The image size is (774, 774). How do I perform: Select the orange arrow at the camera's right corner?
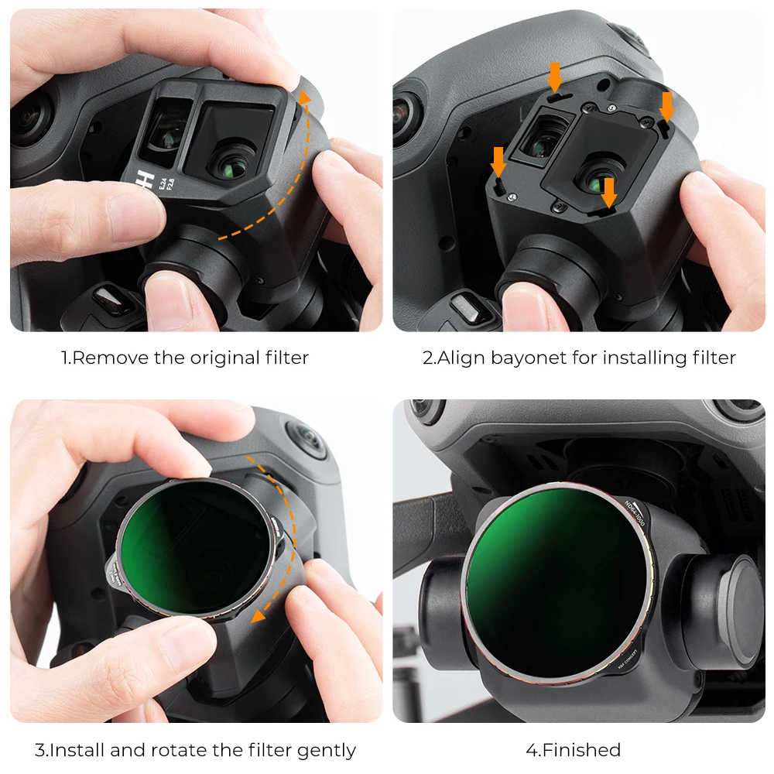click(x=666, y=107)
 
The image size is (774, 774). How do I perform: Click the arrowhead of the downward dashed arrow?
click(x=259, y=613)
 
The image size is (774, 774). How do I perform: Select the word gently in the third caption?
click(x=324, y=750)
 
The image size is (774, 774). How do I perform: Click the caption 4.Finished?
click(x=573, y=750)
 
